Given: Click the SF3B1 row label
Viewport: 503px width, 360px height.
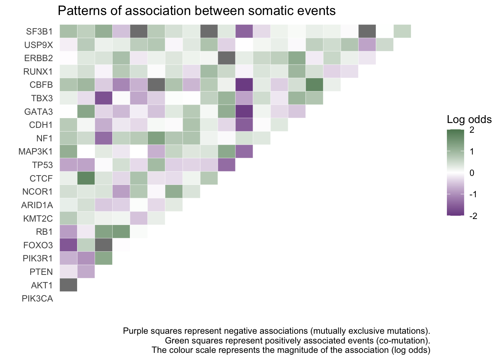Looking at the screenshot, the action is tap(39, 31).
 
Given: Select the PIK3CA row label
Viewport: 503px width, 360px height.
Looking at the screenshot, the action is tap(37, 298).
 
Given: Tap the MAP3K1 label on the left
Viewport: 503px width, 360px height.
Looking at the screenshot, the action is tap(36, 151).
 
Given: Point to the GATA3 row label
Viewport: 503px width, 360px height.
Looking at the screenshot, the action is tap(39, 112).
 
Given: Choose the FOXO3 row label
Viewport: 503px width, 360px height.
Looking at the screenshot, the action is tap(38, 245).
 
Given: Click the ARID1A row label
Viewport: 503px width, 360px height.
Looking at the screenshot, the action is tap(37, 205).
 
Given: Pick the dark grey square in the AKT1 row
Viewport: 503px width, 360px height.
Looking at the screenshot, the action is tap(68, 285).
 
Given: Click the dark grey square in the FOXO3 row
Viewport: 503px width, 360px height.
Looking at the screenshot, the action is tap(104, 245).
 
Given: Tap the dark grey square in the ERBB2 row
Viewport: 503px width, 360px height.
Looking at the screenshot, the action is tap(226, 58).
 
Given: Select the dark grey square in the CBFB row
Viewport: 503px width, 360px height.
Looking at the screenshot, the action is tap(156, 85).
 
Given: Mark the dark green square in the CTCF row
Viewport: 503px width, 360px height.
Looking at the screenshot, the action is tap(86, 178).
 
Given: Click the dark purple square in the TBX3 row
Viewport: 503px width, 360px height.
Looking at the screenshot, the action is tap(104, 98).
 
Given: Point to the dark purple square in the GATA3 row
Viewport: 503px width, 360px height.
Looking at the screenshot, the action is tap(244, 111).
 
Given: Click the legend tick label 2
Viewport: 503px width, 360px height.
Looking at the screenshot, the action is tap(472, 130).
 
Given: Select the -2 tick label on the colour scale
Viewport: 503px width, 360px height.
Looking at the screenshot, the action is tap(473, 216).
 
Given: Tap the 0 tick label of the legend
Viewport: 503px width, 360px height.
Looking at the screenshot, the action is tap(472, 173).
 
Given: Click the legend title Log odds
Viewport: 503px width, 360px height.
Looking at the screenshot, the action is tap(469, 119).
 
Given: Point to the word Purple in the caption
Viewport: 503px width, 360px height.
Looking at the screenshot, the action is tap(135, 331).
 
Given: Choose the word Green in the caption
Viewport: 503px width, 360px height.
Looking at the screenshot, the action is tap(177, 340).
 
